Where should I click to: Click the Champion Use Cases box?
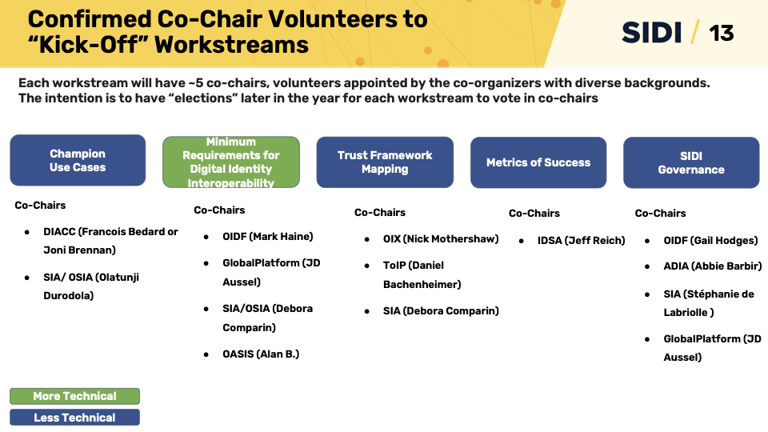point(78,160)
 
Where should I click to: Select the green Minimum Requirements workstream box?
point(230,162)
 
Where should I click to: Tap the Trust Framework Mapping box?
point(385,162)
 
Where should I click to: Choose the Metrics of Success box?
point(538,162)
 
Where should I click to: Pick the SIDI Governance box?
point(691,162)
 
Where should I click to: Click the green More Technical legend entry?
point(74,396)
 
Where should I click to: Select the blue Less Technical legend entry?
point(74,418)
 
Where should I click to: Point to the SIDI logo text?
point(652,33)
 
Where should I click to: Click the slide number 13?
point(721,33)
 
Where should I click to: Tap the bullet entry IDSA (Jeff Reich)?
point(581,240)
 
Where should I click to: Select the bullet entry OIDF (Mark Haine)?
point(268,236)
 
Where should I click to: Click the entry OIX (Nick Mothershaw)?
point(441,238)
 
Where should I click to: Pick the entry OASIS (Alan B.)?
point(261,354)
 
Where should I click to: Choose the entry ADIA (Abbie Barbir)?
point(712,266)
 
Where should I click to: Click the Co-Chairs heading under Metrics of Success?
point(534,213)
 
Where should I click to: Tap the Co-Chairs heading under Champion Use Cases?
point(40,206)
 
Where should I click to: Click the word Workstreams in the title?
point(232,44)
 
